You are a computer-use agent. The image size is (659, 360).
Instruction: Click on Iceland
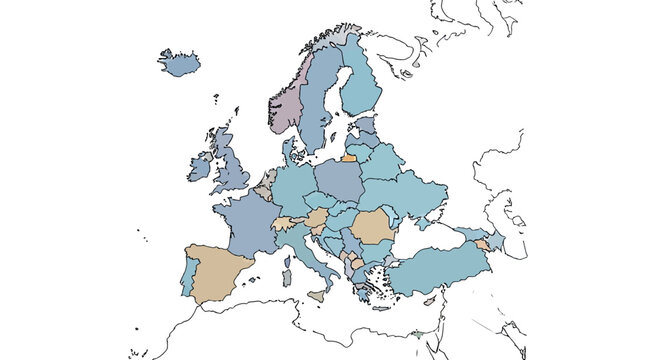[180, 63]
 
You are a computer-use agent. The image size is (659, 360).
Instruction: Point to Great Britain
[230, 165]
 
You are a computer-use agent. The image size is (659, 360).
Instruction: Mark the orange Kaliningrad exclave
[348, 157]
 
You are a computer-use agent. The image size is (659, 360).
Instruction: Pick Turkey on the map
[440, 268]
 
